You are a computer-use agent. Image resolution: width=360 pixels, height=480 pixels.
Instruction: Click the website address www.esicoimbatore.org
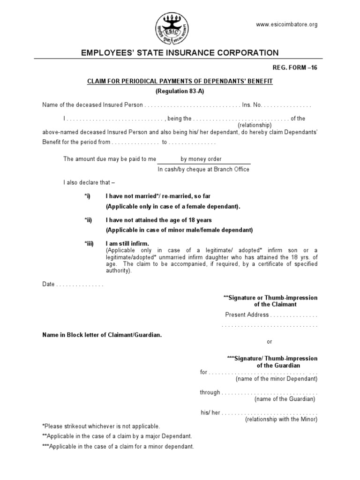(287, 24)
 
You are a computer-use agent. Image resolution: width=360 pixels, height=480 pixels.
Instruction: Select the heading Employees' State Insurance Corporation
(180, 53)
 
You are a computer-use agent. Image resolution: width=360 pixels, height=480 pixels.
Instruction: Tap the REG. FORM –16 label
(295, 67)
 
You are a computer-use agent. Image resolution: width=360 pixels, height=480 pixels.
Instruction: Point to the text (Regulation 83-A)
(180, 90)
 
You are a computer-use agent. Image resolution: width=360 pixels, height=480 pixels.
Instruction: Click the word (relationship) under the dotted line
(255, 125)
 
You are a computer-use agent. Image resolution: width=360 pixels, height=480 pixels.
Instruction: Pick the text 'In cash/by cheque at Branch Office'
(203, 169)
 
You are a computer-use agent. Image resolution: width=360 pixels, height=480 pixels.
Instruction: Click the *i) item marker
(88, 196)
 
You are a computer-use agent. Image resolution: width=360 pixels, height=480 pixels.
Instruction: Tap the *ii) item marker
(89, 220)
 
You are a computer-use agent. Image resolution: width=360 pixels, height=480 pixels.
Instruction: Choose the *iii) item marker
(89, 244)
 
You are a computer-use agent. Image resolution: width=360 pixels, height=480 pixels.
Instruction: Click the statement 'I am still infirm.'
(127, 244)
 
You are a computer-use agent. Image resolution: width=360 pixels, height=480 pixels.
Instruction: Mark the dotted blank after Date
(80, 285)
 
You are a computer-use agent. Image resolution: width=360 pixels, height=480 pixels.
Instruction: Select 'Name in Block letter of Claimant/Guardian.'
(102, 335)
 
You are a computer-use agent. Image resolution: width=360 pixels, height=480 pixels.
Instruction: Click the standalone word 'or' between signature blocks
(269, 342)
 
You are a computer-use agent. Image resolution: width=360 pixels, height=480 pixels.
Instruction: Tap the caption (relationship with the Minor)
(281, 419)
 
